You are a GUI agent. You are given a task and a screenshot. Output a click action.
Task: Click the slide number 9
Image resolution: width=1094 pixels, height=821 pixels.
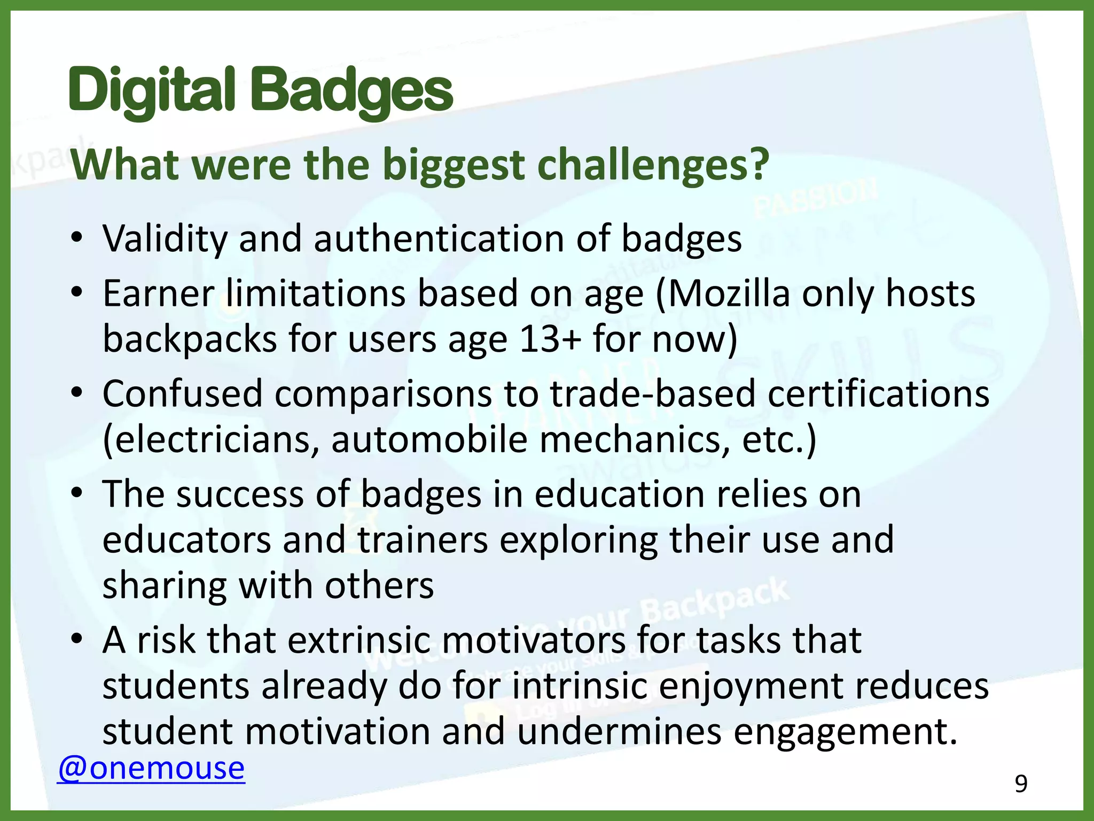(1021, 784)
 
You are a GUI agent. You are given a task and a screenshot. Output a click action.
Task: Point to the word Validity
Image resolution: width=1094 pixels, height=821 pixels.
(165, 239)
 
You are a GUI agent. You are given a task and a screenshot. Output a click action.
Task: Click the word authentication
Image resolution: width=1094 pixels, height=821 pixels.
(439, 239)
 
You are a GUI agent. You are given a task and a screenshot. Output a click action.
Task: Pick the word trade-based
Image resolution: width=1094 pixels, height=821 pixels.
(653, 394)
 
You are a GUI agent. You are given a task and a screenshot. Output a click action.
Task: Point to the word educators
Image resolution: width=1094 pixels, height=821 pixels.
(187, 540)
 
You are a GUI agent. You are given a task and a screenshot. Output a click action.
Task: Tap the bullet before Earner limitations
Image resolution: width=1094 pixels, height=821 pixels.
(77, 293)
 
